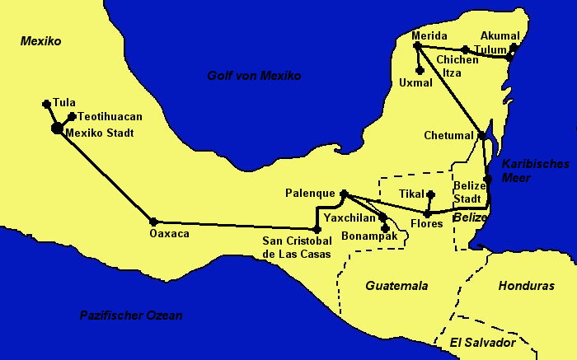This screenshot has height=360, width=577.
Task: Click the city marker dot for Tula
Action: click(46, 104)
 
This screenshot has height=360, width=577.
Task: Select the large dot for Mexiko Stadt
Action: click(56, 128)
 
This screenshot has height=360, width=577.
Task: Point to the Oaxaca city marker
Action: click(153, 221)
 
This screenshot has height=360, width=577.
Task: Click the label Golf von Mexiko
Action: click(254, 76)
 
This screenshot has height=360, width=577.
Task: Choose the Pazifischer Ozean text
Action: click(131, 315)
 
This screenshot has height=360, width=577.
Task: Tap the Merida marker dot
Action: click(417, 46)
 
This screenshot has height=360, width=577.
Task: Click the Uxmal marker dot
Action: click(420, 71)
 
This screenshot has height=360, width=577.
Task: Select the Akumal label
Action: click(500, 35)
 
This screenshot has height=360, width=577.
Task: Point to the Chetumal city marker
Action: click(481, 135)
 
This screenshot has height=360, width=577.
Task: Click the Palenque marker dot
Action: click(344, 194)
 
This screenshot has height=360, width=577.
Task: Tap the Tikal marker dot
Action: click(430, 194)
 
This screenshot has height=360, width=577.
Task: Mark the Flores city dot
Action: click(427, 213)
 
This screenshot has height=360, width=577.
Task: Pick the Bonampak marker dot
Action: click(385, 227)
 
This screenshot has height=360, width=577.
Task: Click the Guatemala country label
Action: click(396, 286)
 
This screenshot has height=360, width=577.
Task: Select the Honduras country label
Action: click(526, 286)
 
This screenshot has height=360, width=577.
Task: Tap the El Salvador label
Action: click(482, 342)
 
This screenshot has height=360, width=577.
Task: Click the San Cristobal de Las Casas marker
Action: click(317, 228)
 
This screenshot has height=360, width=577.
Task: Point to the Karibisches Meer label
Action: click(529, 171)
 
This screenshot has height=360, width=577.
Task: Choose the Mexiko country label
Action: click(41, 40)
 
